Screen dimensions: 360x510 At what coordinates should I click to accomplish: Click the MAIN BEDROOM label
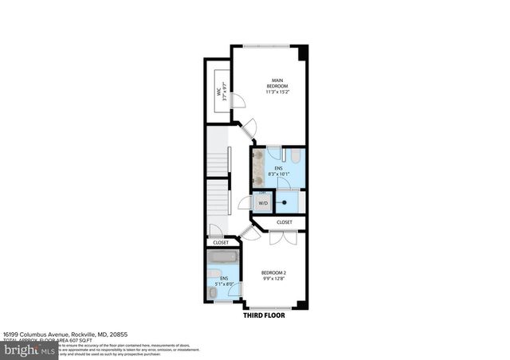[277, 82]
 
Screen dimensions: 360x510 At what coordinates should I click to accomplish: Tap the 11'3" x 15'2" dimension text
[277, 92]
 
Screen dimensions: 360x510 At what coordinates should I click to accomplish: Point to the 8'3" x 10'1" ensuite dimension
[279, 175]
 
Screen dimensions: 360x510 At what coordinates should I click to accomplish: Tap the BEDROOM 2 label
[273, 273]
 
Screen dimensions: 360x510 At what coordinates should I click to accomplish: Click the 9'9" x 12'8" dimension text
[273, 280]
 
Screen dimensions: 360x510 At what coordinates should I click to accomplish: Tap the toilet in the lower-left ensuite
[213, 293]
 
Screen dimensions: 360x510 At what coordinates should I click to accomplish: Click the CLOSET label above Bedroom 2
[284, 222]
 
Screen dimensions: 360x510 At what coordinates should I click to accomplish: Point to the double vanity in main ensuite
[258, 169]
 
